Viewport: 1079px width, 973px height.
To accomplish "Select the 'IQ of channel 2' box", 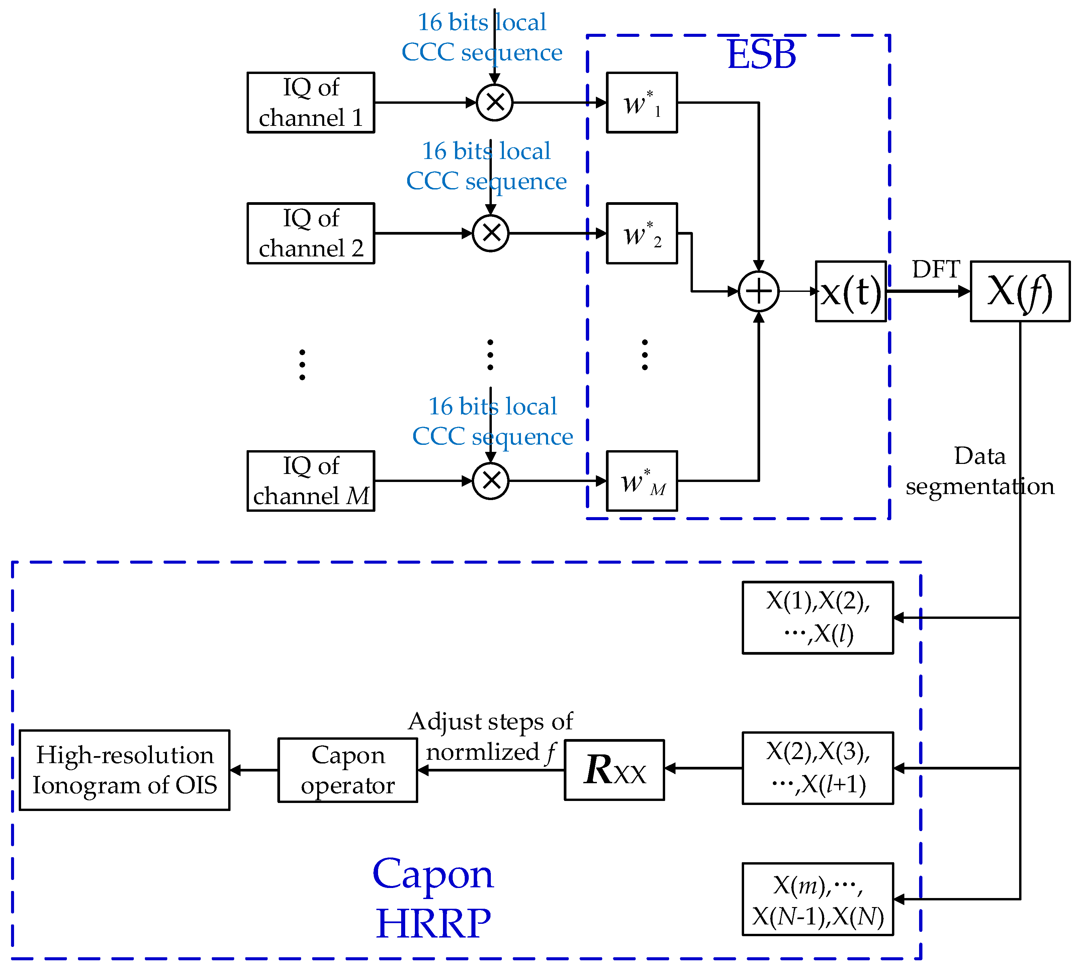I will (310, 233).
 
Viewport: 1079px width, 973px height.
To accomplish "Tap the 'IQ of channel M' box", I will (310, 481).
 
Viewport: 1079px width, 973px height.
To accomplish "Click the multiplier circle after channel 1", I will (494, 103).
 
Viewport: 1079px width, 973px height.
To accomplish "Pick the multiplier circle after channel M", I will (490, 481).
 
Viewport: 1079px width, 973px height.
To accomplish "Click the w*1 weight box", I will (642, 103).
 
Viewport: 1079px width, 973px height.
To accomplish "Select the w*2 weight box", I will (642, 233).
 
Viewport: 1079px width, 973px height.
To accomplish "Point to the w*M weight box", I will (642, 481).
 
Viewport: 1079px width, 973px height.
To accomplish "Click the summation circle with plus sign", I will (758, 292).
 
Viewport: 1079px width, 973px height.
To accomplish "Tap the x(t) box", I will (850, 292).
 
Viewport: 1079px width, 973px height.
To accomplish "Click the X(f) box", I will (1020, 292).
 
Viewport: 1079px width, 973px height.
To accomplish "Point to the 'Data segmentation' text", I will (980, 471).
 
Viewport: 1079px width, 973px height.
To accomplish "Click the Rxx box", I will (614, 770).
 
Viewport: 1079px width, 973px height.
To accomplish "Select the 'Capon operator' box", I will (347, 770).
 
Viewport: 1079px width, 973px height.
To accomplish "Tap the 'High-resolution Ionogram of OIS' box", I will (124, 770).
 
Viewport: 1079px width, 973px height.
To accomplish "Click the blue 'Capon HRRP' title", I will (433, 898).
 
